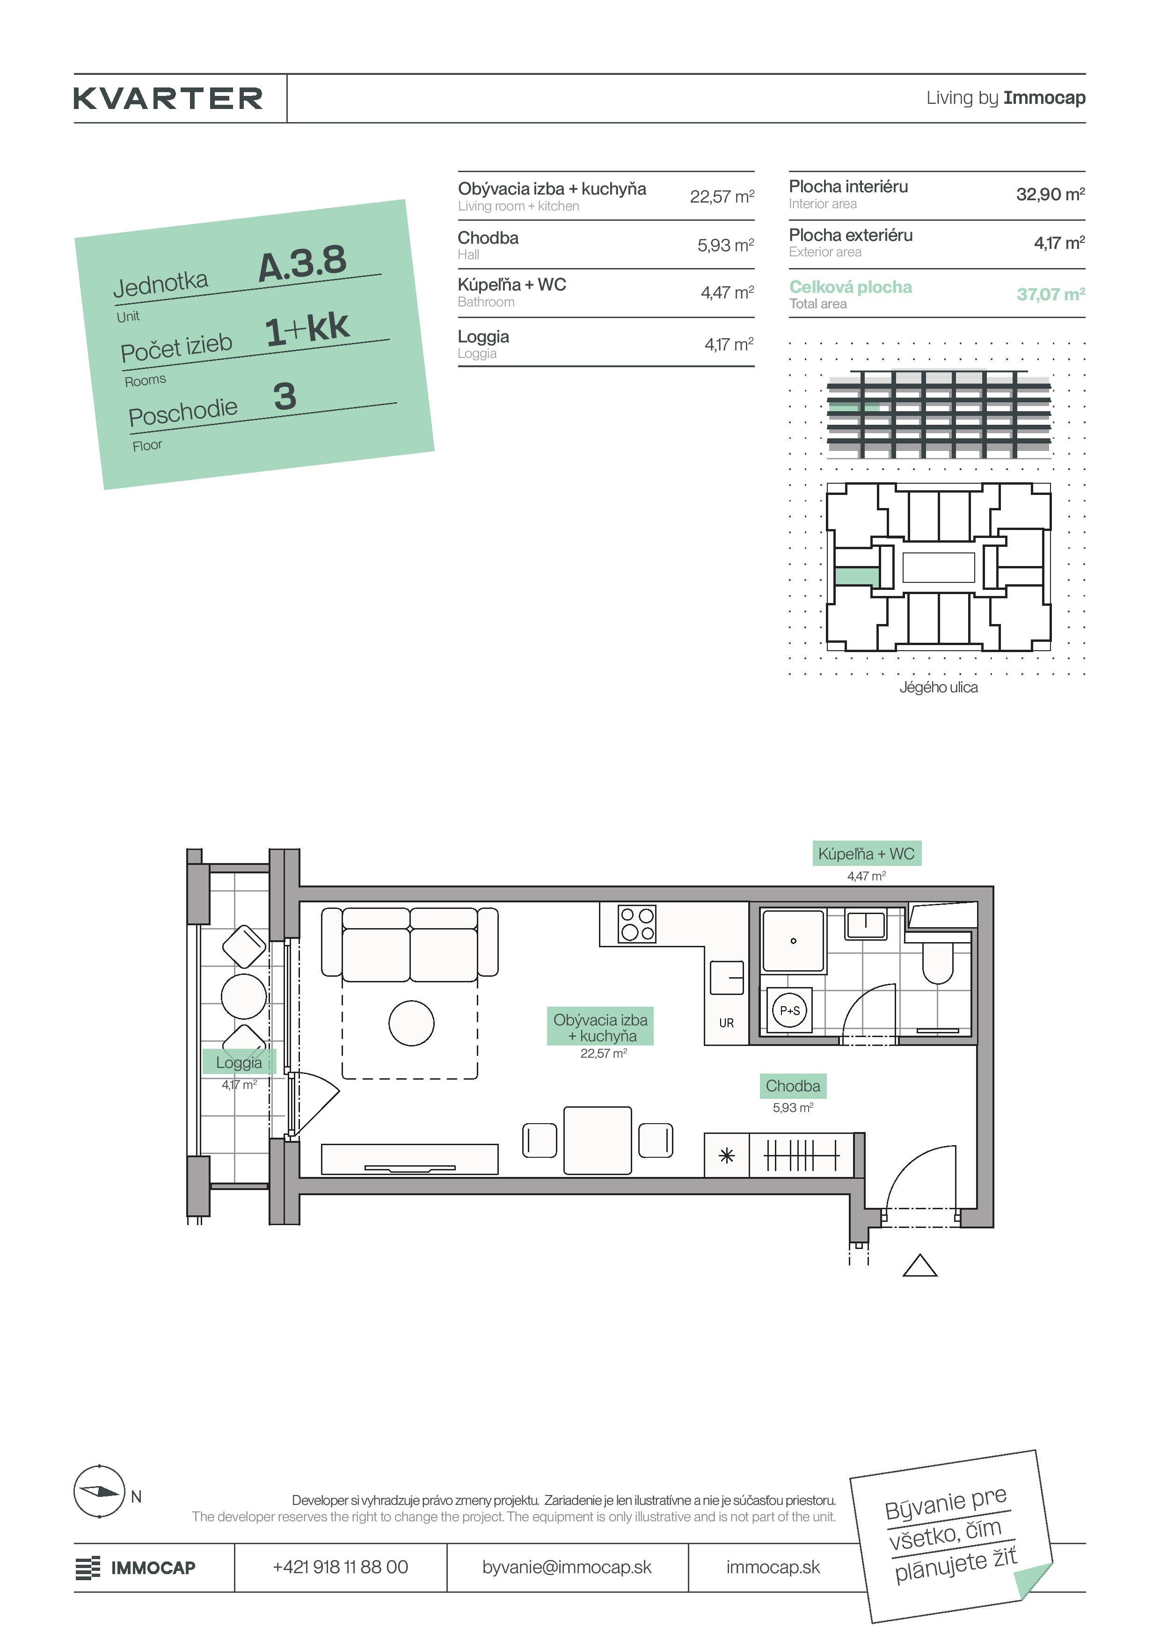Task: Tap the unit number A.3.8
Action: point(302,263)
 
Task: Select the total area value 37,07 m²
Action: point(1051,294)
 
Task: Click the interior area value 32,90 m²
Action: point(1051,194)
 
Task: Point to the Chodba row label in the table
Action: point(488,238)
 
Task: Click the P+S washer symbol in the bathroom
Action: point(790,1010)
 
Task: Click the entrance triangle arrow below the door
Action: point(920,1266)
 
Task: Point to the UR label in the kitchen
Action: point(726,1023)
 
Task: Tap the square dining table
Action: point(598,1140)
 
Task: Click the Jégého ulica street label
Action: point(939,687)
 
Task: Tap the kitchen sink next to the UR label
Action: point(727,978)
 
